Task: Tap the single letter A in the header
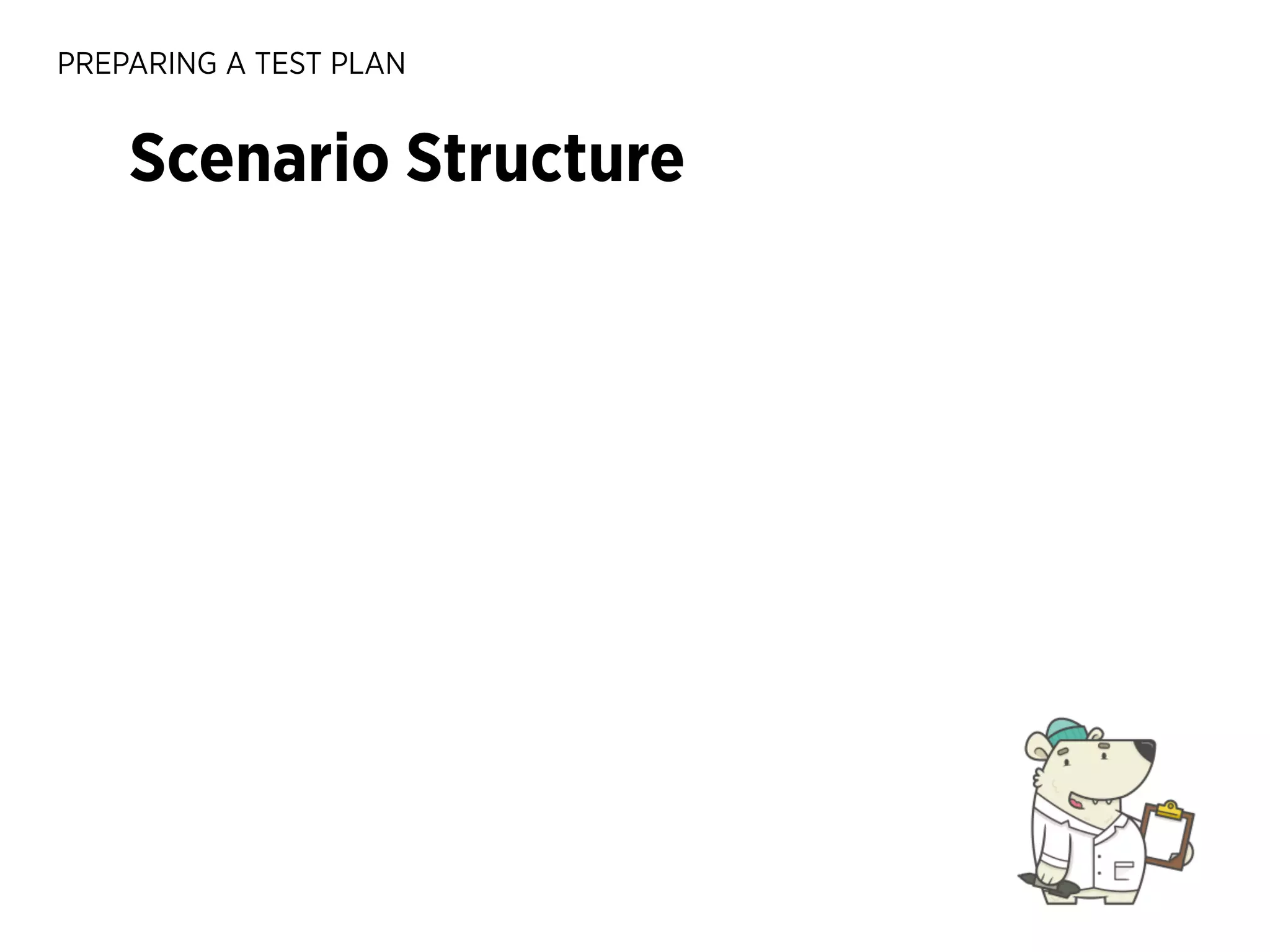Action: [x=236, y=64]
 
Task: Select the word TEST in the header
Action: [x=288, y=64]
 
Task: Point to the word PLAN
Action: [x=368, y=64]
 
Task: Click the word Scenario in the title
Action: [x=259, y=159]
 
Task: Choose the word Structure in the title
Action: [x=545, y=159]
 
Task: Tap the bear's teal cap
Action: [x=1065, y=731]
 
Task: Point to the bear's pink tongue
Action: [x=1076, y=803]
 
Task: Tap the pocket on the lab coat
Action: [x=1124, y=871]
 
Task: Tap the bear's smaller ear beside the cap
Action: [x=1096, y=734]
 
